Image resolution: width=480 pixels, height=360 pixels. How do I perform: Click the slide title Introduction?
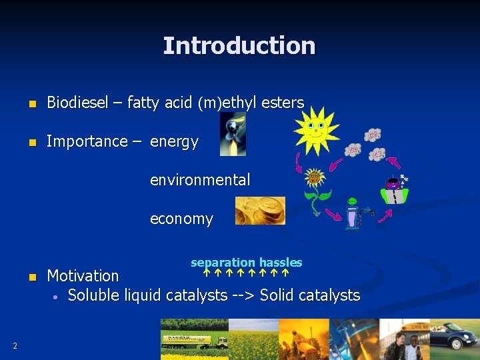239,46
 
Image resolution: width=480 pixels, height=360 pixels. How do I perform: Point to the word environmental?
200,179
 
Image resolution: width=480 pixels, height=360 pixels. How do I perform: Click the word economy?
181,219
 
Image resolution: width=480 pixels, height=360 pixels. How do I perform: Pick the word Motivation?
83,275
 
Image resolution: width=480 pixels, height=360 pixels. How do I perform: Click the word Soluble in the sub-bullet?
93,295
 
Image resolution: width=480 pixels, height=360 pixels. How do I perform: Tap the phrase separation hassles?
246,263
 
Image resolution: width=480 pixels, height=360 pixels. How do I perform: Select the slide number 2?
15,345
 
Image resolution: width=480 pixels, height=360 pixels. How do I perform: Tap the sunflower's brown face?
314,177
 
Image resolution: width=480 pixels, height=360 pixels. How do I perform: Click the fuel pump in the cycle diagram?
353,216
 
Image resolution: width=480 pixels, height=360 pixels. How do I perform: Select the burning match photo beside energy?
233,134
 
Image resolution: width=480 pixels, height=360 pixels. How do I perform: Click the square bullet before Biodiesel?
31,104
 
